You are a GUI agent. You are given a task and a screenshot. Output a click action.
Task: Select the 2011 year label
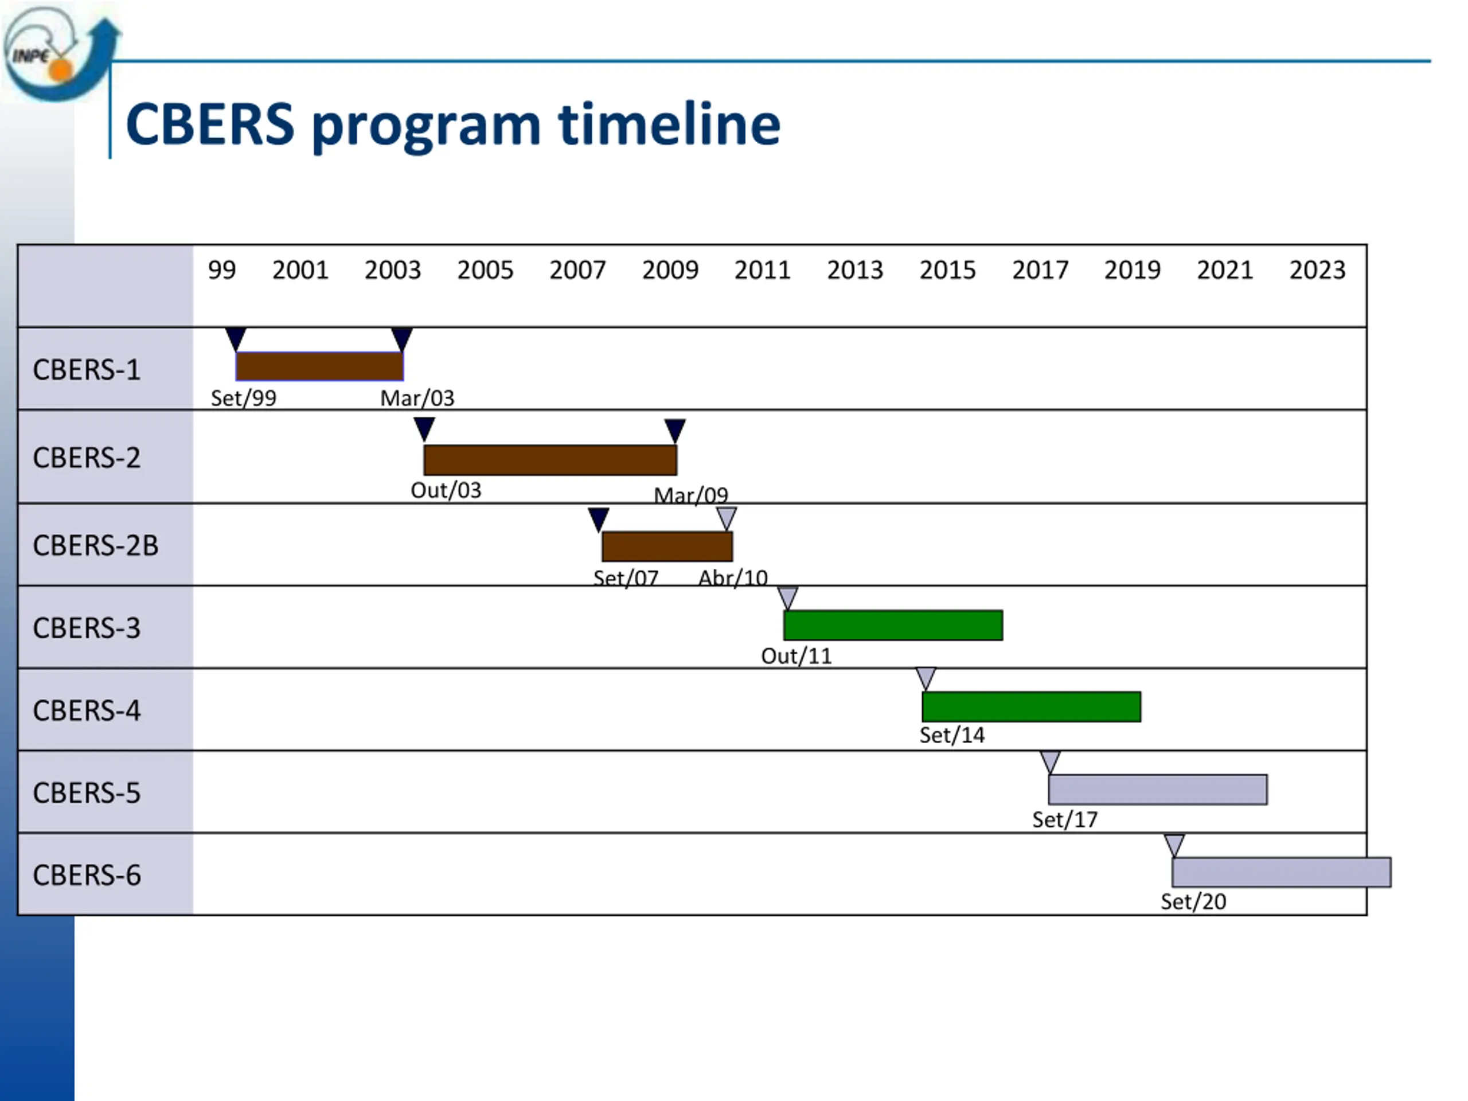[x=763, y=270]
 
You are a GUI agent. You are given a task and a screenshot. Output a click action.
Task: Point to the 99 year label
[x=222, y=270]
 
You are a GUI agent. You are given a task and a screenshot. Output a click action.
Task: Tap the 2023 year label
[x=1317, y=270]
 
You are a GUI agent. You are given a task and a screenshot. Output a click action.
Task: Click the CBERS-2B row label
[x=96, y=545]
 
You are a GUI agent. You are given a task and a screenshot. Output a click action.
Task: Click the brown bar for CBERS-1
[x=319, y=366]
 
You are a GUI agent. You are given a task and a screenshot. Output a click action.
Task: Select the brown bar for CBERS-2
[x=550, y=460]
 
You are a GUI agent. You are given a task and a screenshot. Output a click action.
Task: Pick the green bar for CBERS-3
[x=893, y=625]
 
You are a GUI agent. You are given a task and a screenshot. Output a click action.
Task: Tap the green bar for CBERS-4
[x=1031, y=707]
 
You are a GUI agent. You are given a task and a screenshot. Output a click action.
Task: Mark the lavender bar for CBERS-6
[x=1282, y=872]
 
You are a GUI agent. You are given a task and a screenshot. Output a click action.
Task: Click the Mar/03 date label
[x=417, y=398]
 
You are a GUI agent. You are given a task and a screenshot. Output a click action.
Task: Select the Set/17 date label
[x=1064, y=820]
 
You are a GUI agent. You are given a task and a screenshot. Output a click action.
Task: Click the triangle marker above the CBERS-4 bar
[x=926, y=678]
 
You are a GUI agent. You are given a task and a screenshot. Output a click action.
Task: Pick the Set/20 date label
[x=1193, y=902]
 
